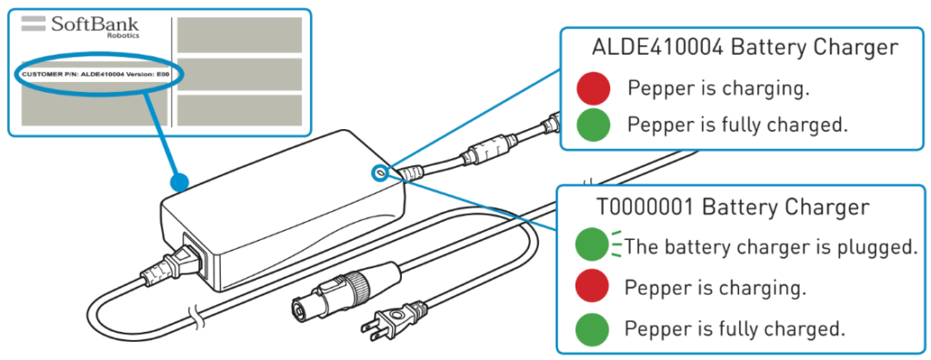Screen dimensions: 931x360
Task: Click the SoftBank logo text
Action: (95, 25)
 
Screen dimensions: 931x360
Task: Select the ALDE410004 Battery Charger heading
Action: (746, 47)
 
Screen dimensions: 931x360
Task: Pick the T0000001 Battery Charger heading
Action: (734, 206)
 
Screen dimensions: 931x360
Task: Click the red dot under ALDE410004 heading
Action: (593, 88)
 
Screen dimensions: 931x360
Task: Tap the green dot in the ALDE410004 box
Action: (593, 125)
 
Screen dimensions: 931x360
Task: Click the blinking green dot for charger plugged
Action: (592, 245)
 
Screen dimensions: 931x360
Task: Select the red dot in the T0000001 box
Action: (592, 288)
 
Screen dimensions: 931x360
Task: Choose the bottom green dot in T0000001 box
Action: (592, 329)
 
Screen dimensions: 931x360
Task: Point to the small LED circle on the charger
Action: (379, 173)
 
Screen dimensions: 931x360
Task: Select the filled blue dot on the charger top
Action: (179, 181)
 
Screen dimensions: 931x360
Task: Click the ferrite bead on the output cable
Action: (486, 150)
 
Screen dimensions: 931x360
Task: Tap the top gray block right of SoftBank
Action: (239, 35)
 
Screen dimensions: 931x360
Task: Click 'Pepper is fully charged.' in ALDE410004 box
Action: (736, 125)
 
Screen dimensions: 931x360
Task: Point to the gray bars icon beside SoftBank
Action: (34, 24)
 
